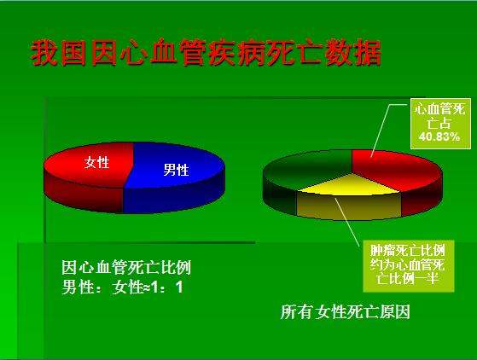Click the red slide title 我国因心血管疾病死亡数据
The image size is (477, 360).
point(206,53)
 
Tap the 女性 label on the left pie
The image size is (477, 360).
point(96,162)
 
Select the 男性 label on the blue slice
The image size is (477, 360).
point(176,170)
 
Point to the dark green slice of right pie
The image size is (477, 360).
point(307,171)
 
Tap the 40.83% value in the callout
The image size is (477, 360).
point(439,136)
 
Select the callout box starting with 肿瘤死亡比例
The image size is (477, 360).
point(408,266)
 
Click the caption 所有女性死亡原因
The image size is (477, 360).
point(346,311)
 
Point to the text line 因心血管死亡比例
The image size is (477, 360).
point(126,268)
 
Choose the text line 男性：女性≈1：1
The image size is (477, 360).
point(122,287)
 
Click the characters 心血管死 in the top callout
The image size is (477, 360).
point(439,109)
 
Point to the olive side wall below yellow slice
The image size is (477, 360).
point(349,206)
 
